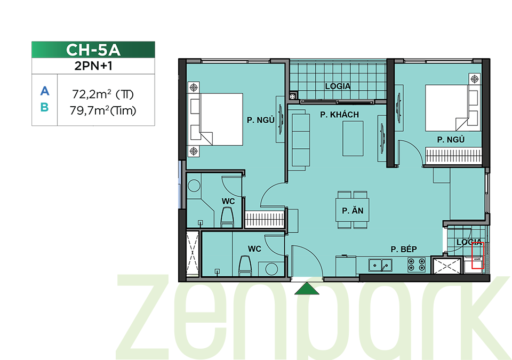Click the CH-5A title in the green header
pyautogui.click(x=93, y=50)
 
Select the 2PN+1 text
pyautogui.click(x=93, y=66)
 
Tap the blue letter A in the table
pyautogui.click(x=45, y=91)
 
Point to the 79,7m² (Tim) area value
pyautogui.click(x=103, y=110)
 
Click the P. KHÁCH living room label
pyautogui.click(x=339, y=115)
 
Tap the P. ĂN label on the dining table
pyautogui.click(x=353, y=211)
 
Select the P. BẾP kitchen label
pyautogui.click(x=404, y=249)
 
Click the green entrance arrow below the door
pyautogui.click(x=307, y=289)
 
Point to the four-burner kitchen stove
pyautogui.click(x=417, y=265)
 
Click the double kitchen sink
pyautogui.click(x=380, y=265)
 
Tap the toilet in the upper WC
pyautogui.click(x=227, y=217)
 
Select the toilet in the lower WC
pyautogui.click(x=245, y=266)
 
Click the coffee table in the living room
pyautogui.click(x=353, y=139)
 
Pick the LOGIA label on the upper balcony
pyautogui.click(x=338, y=86)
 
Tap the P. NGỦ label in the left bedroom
pyautogui.click(x=261, y=120)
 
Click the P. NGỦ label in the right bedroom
pyautogui.click(x=451, y=140)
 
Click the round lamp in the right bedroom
pyautogui.click(x=475, y=79)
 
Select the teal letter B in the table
pyautogui.click(x=45, y=107)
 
